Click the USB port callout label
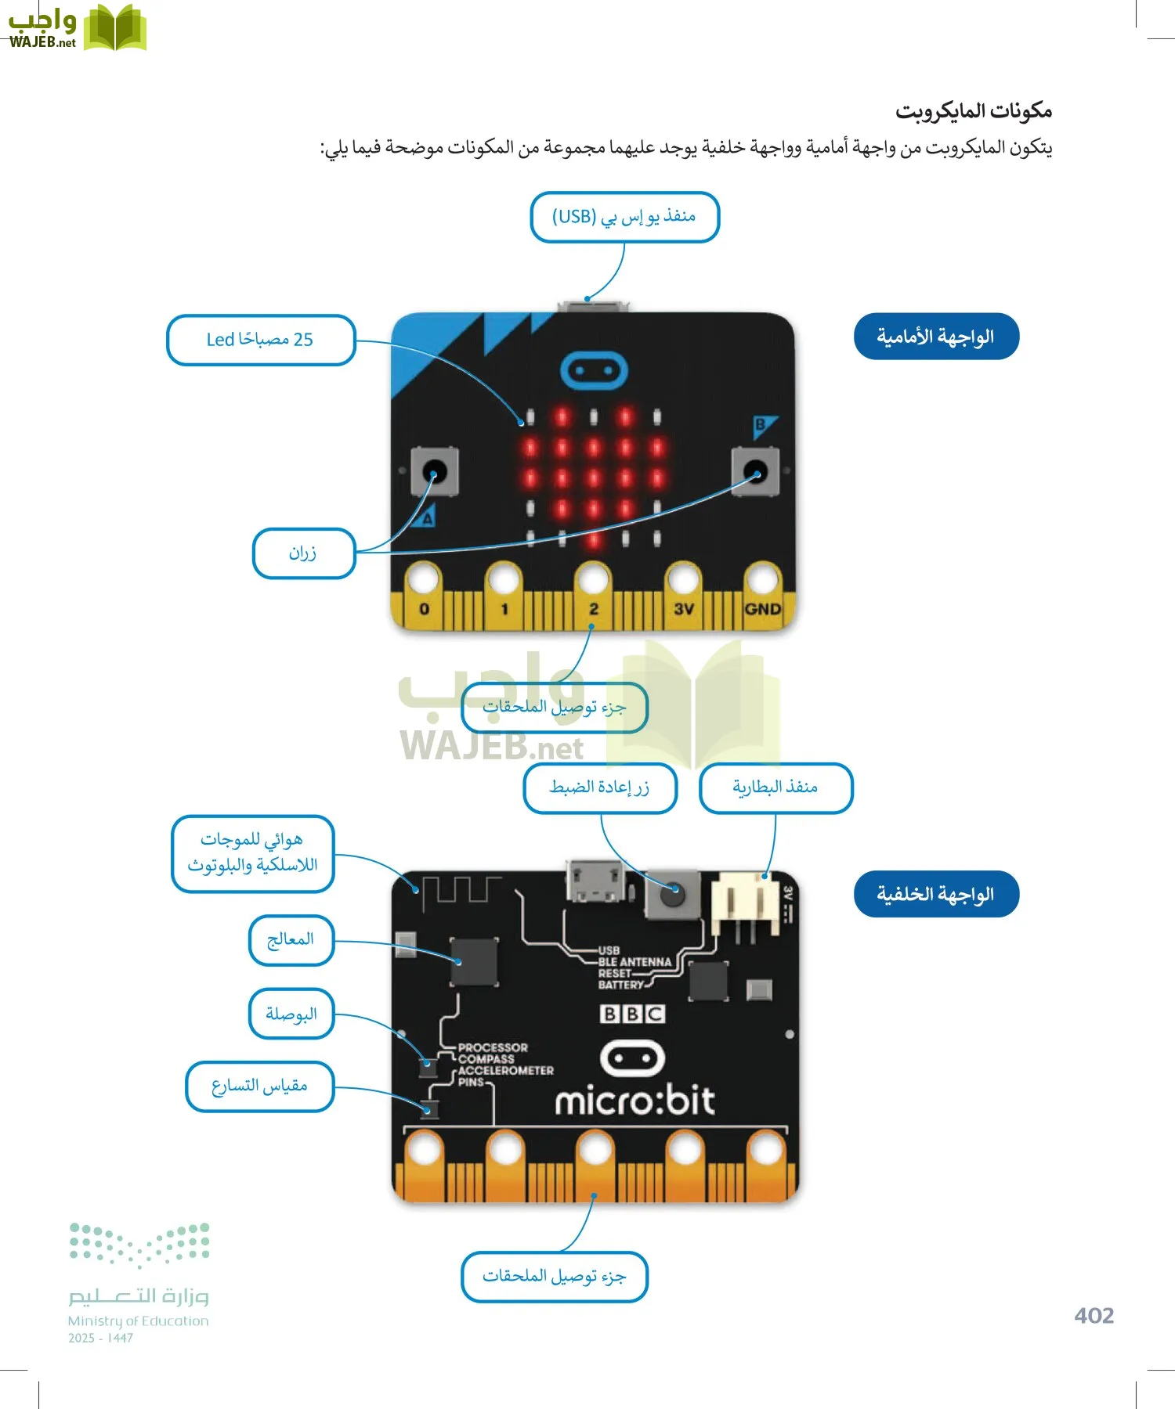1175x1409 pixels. coord(624,217)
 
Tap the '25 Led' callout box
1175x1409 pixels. coord(261,340)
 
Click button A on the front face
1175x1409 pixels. coord(435,471)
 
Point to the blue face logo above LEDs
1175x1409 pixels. coord(594,370)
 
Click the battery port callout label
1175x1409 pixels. coord(775,787)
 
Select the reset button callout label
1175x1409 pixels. coord(600,787)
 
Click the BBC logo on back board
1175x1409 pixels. coord(632,1014)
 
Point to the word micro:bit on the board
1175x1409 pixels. coord(634,1102)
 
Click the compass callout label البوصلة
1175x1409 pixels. coord(291,1014)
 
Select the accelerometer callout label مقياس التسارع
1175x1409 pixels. coord(259,1086)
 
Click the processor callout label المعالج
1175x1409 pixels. coord(291,939)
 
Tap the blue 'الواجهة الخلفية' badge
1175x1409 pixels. coord(935,894)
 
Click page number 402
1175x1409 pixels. coord(1094,1316)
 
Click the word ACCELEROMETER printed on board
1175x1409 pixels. coord(505,1070)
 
